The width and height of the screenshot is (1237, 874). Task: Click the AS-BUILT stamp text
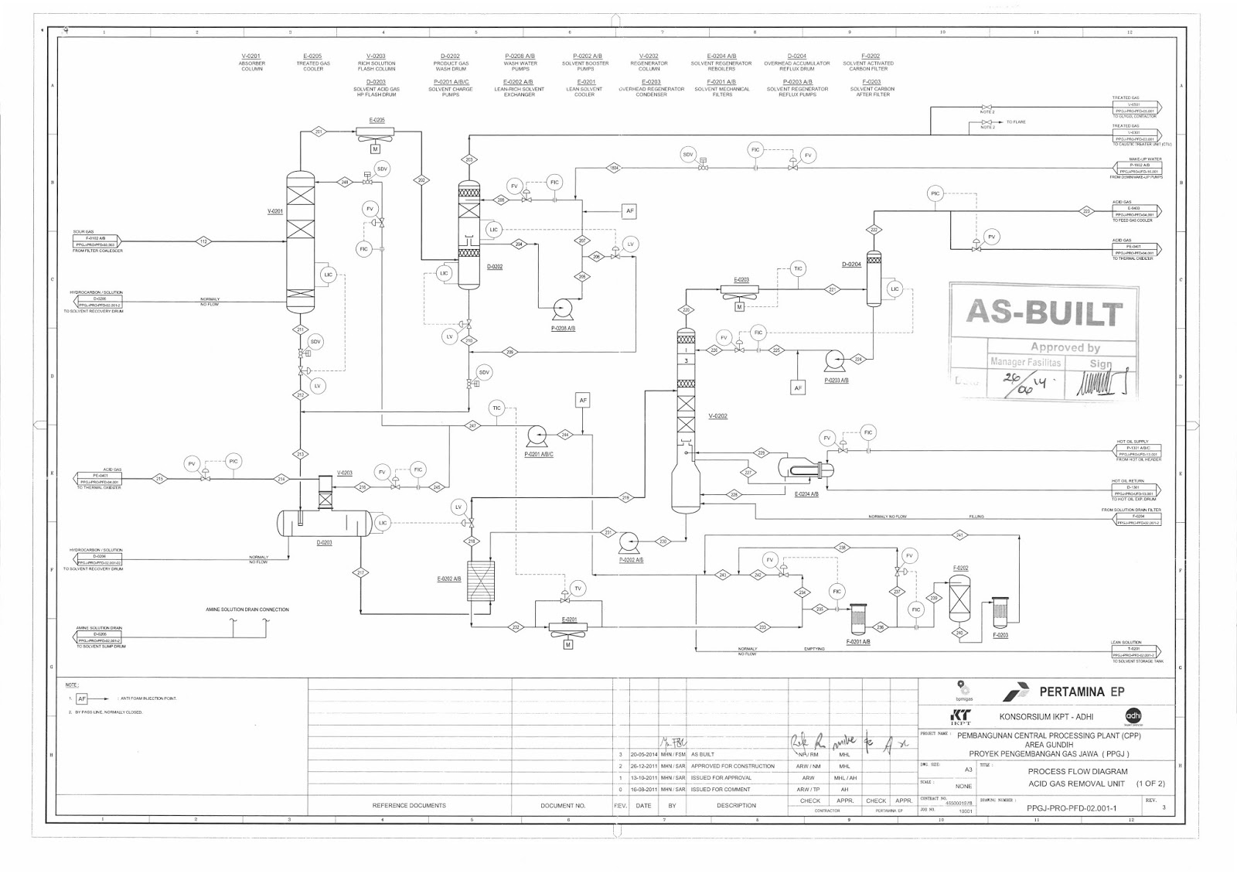point(1044,313)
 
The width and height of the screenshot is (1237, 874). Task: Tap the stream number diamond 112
point(204,242)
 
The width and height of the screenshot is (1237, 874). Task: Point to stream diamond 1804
point(615,167)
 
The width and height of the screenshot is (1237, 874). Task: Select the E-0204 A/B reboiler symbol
point(805,468)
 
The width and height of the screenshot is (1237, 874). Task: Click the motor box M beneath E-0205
point(376,149)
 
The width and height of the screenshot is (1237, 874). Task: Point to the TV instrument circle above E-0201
point(578,589)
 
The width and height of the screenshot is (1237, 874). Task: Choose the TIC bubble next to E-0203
point(799,268)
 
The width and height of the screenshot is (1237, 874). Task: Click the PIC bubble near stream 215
point(233,461)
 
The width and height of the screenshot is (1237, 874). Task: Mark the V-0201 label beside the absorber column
point(275,211)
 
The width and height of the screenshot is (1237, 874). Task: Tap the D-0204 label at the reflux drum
point(851,265)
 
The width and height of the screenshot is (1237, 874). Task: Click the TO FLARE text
point(1016,122)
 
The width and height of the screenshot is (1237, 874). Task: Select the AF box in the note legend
point(82,698)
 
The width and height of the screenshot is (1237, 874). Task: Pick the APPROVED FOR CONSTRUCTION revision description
point(732,766)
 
